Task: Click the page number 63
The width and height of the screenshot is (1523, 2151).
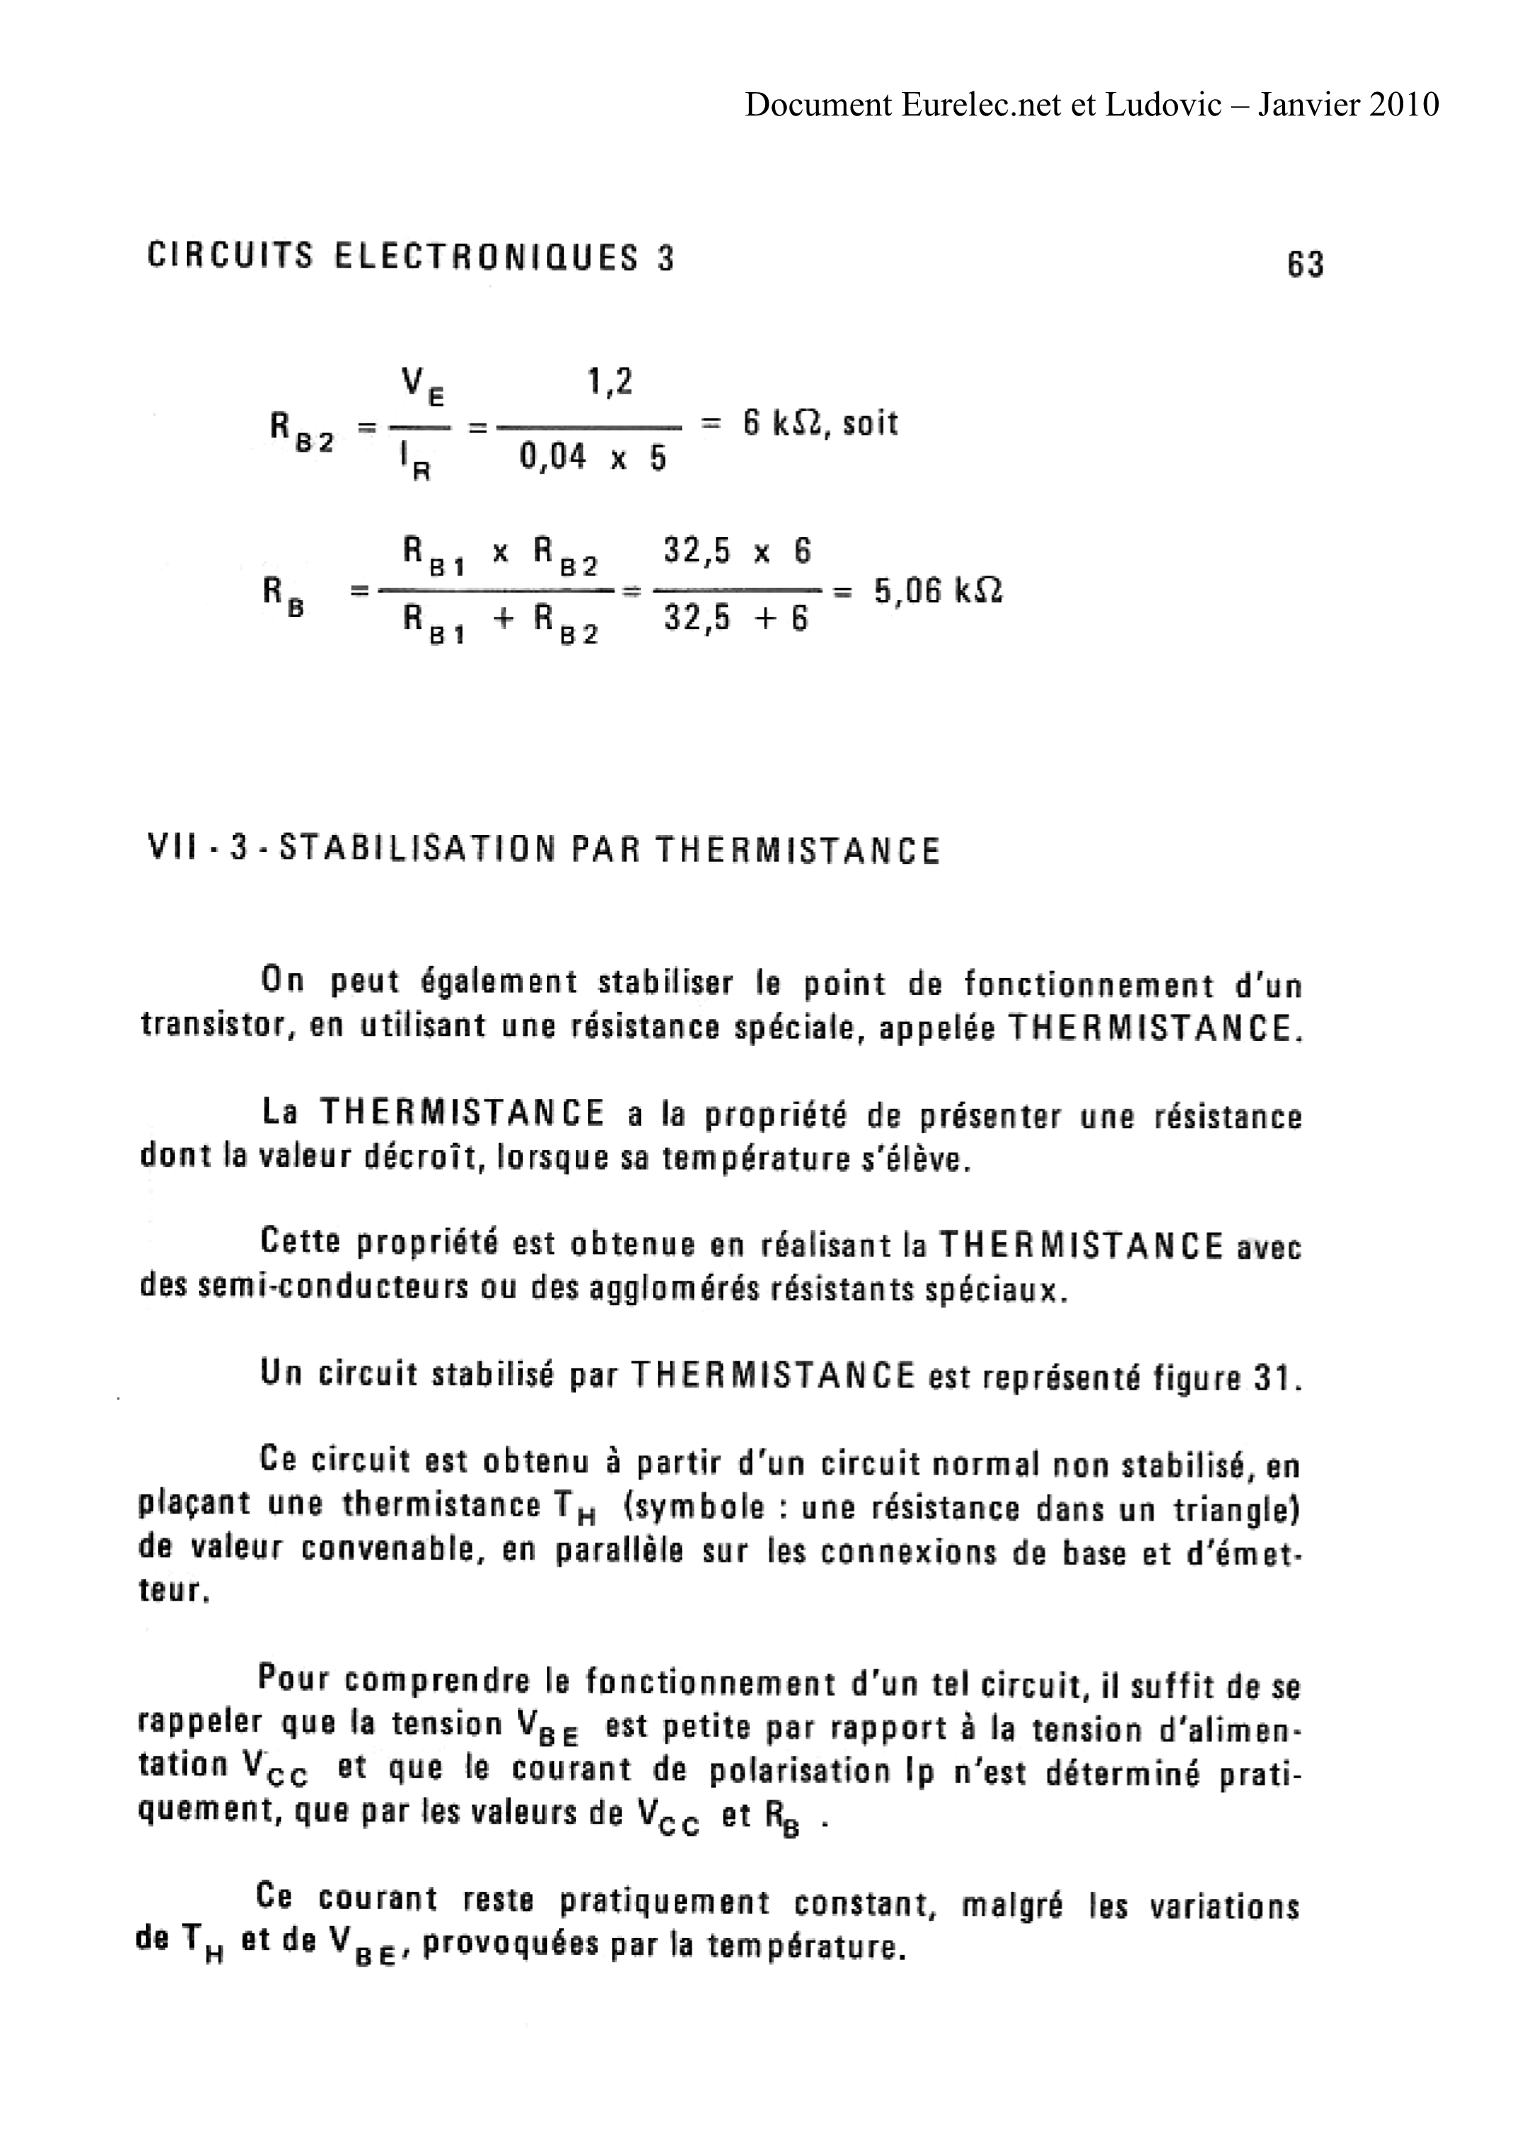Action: click(1305, 264)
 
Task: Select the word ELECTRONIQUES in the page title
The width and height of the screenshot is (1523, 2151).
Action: click(487, 257)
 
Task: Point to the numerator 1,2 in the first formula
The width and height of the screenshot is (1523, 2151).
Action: click(610, 382)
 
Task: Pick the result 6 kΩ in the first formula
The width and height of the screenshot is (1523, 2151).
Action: click(783, 424)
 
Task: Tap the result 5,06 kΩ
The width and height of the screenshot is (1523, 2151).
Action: click(938, 591)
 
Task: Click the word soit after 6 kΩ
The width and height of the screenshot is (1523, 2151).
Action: click(871, 424)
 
